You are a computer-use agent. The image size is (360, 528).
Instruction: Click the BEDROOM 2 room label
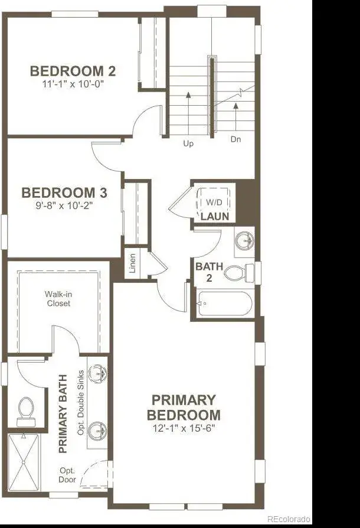tap(73, 71)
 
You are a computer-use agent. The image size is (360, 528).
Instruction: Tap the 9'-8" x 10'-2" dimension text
tap(64, 205)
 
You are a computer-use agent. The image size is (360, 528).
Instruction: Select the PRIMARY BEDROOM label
tap(184, 407)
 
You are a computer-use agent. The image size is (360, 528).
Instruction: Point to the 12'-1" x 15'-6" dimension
tap(184, 428)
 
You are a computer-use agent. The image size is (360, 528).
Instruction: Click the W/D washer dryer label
tap(214, 203)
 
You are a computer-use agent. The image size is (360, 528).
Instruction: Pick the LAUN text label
tap(215, 216)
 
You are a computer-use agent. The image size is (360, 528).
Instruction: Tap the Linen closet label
tap(133, 263)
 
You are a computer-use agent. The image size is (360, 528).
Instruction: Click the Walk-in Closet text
tap(58, 299)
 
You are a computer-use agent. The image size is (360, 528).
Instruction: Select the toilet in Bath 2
tap(240, 273)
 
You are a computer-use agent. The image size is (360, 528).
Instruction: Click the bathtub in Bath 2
tap(225, 304)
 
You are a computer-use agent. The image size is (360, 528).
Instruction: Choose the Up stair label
tap(188, 144)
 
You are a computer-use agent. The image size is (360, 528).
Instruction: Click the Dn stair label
tap(236, 139)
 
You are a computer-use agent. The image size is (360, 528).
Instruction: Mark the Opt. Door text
tap(67, 475)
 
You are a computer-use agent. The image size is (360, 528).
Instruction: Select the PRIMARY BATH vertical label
tap(63, 414)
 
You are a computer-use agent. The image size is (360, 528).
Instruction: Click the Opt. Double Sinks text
tap(80, 403)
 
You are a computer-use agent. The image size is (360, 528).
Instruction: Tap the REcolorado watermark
tap(289, 519)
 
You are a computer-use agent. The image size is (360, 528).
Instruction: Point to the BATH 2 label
tap(210, 272)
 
